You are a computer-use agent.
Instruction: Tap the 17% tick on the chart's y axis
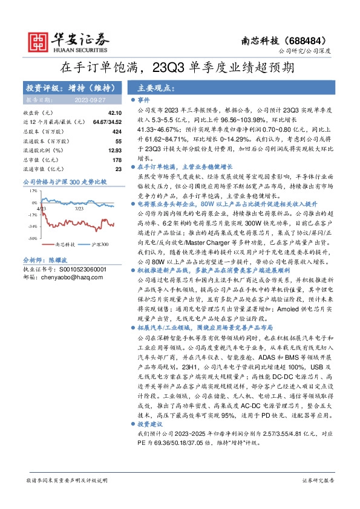coord(33,190)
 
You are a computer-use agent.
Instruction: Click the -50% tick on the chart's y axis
coord(32,238)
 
